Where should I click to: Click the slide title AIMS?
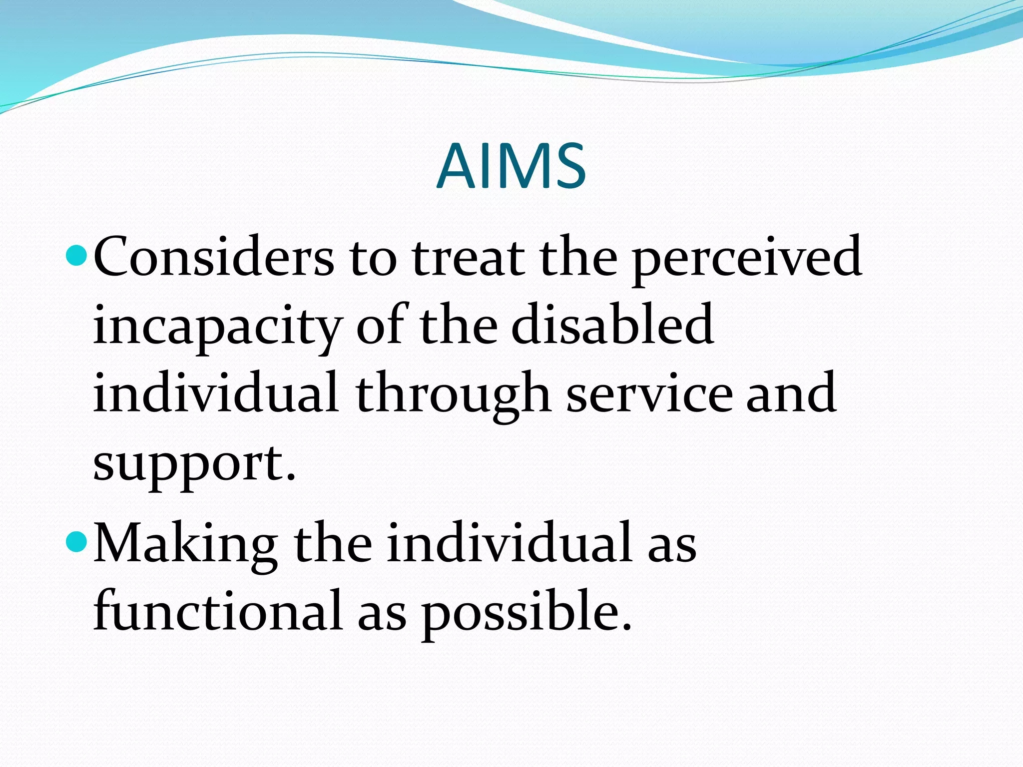pos(511,166)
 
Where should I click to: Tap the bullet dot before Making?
pos(76,542)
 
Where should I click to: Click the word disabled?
pos(612,325)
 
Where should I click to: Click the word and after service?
pos(791,394)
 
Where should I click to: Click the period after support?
pos(291,478)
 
